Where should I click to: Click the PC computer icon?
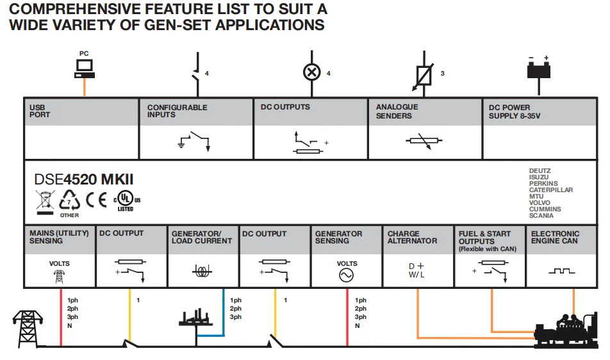click(84, 67)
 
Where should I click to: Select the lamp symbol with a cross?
click(311, 72)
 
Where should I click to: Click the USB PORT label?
click(40, 111)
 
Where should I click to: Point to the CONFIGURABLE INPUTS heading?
click(177, 111)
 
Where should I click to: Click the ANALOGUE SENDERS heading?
click(397, 111)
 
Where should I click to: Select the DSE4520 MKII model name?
click(84, 179)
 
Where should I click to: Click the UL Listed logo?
click(125, 200)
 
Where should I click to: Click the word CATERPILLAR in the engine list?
click(550, 190)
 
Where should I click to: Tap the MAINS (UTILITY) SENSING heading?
click(60, 237)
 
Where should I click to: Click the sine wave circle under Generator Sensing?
click(347, 275)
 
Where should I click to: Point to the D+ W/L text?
click(416, 270)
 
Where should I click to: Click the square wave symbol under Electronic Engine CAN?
click(562, 272)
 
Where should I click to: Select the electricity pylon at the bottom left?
click(27, 329)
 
